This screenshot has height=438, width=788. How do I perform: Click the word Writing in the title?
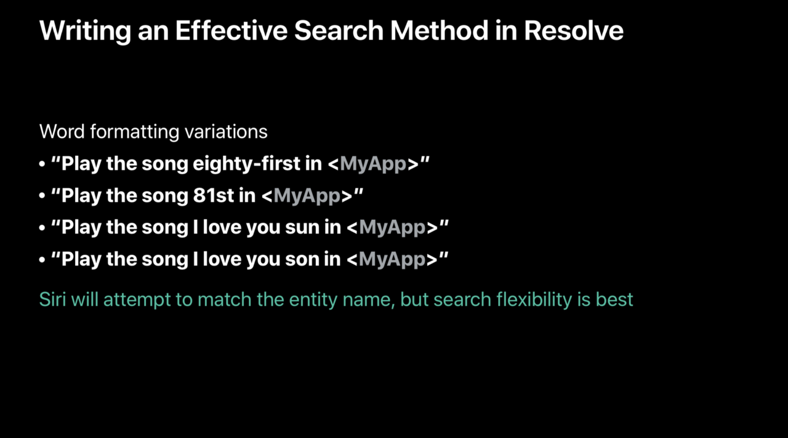pyautogui.click(x=85, y=31)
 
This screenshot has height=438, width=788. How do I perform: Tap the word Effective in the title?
pyautogui.click(x=231, y=31)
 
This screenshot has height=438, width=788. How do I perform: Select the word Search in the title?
pyautogui.click(x=339, y=31)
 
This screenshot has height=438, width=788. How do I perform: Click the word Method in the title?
pyautogui.click(x=439, y=31)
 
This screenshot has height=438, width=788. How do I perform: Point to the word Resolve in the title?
pyautogui.click(x=574, y=31)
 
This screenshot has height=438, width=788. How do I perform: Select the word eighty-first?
pyautogui.click(x=247, y=164)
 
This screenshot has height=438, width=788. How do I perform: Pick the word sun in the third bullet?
pyautogui.click(x=302, y=228)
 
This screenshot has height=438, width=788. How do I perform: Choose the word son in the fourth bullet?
pyautogui.click(x=302, y=260)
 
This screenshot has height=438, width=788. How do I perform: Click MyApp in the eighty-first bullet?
pyautogui.click(x=373, y=164)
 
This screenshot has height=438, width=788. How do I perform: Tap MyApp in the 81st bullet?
pyautogui.click(x=307, y=196)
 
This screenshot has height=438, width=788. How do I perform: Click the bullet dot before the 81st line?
pyautogui.click(x=42, y=196)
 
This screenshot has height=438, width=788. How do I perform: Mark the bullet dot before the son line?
pyautogui.click(x=42, y=259)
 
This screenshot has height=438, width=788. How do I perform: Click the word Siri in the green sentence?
pyautogui.click(x=53, y=299)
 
